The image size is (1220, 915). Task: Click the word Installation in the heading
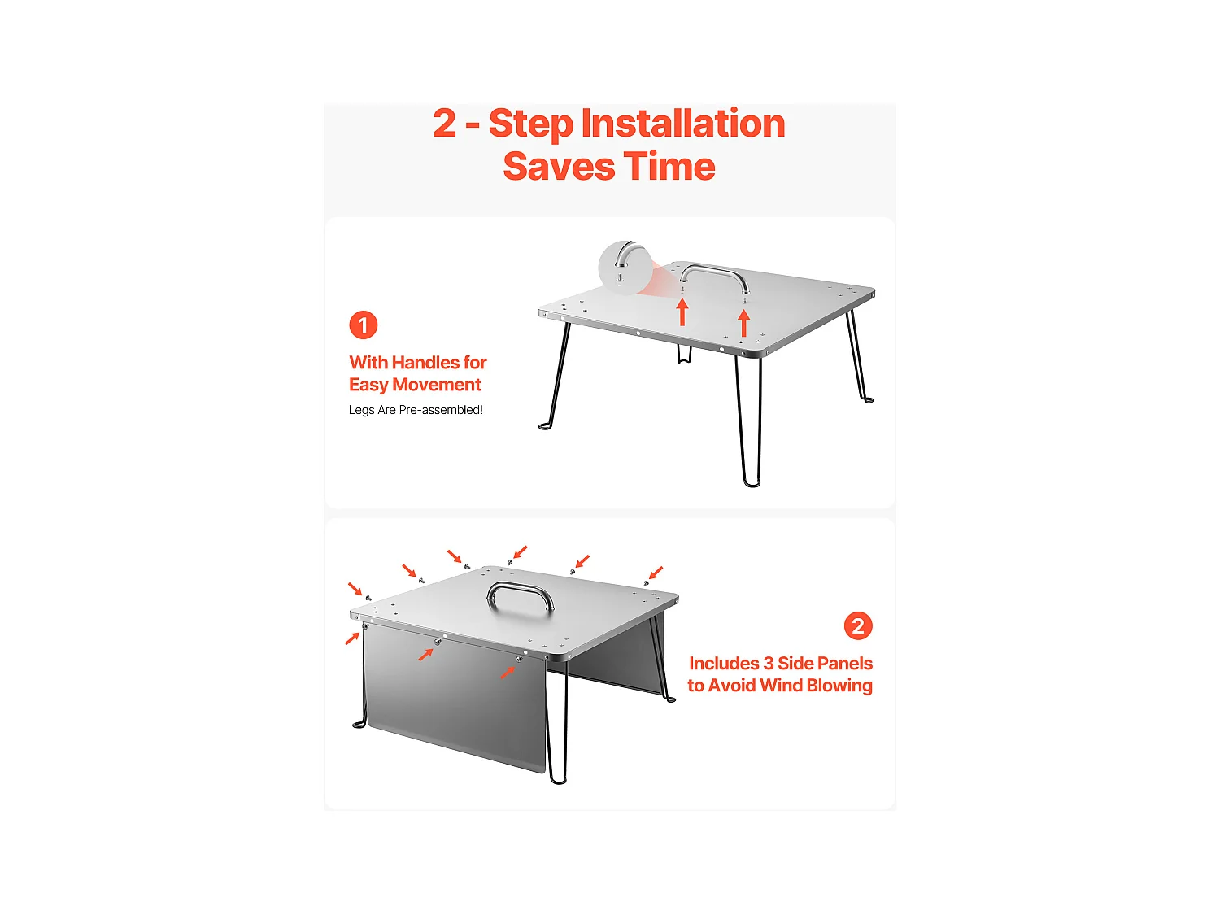(682, 124)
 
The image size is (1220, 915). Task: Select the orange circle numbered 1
(363, 325)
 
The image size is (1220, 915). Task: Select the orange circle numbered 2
(857, 626)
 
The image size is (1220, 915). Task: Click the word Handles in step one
(425, 362)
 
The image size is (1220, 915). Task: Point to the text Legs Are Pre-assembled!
(415, 410)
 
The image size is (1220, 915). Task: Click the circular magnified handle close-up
(625, 268)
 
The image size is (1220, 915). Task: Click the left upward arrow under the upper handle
(682, 312)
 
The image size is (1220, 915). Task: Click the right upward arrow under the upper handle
(743, 323)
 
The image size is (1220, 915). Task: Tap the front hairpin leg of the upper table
(750, 421)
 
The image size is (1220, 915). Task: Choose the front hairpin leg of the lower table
(556, 721)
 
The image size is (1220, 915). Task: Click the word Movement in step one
(436, 385)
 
